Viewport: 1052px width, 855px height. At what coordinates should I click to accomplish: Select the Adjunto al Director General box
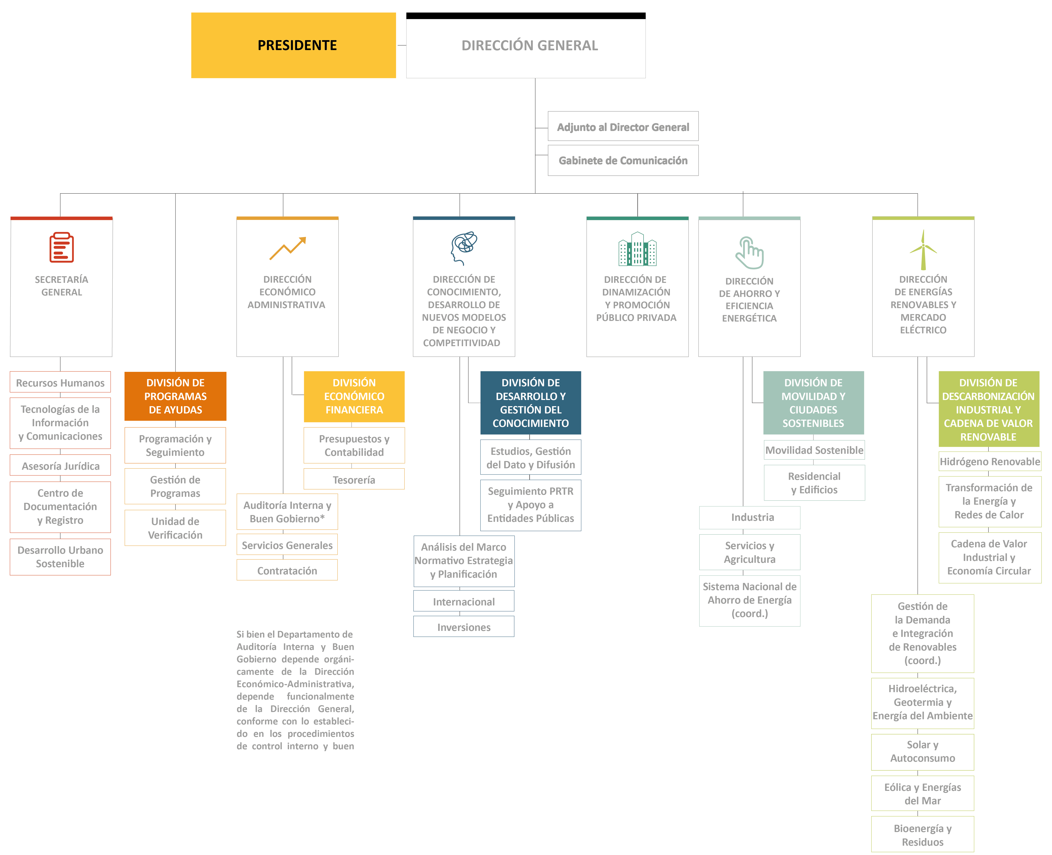point(623,127)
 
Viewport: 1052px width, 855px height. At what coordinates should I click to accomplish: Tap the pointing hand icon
point(749,253)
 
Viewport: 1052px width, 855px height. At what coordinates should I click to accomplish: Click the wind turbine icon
point(923,250)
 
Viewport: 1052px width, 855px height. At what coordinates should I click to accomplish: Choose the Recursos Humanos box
point(60,382)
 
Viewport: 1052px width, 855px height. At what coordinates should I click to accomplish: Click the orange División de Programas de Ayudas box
point(175,396)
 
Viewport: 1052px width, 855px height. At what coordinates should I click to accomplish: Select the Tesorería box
point(354,479)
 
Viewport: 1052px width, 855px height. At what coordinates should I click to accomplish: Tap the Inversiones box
point(464,627)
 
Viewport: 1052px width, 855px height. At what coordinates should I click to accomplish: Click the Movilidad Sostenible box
point(814,450)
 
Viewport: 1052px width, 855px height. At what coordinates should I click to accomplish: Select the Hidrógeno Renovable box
point(989,461)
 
